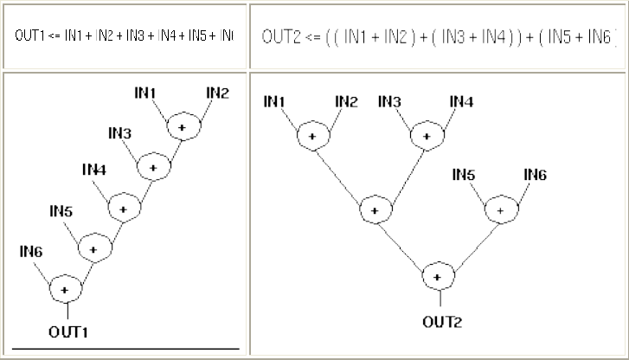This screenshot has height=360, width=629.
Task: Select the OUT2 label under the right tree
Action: tap(442, 323)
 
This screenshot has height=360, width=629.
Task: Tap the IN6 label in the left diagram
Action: tap(30, 251)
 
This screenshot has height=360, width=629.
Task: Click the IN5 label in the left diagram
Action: tap(60, 210)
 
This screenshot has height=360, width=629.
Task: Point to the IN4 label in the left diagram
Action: tap(93, 170)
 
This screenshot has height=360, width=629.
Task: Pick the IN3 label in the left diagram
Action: tap(120, 132)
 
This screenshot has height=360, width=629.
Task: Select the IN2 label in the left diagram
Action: tap(216, 93)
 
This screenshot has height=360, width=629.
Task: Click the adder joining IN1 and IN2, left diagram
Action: tap(182, 127)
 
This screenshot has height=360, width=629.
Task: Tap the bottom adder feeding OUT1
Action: tap(65, 287)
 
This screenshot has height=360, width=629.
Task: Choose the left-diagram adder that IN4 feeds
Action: tap(124, 208)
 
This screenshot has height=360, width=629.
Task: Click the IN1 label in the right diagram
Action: tap(274, 102)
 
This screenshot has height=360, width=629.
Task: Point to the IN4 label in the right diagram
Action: tap(461, 102)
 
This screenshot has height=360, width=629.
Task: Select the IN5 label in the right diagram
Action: tap(465, 175)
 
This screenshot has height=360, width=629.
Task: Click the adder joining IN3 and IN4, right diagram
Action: tap(425, 136)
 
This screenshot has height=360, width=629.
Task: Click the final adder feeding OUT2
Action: tap(438, 277)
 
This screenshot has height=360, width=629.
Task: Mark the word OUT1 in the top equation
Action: tap(29, 36)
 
